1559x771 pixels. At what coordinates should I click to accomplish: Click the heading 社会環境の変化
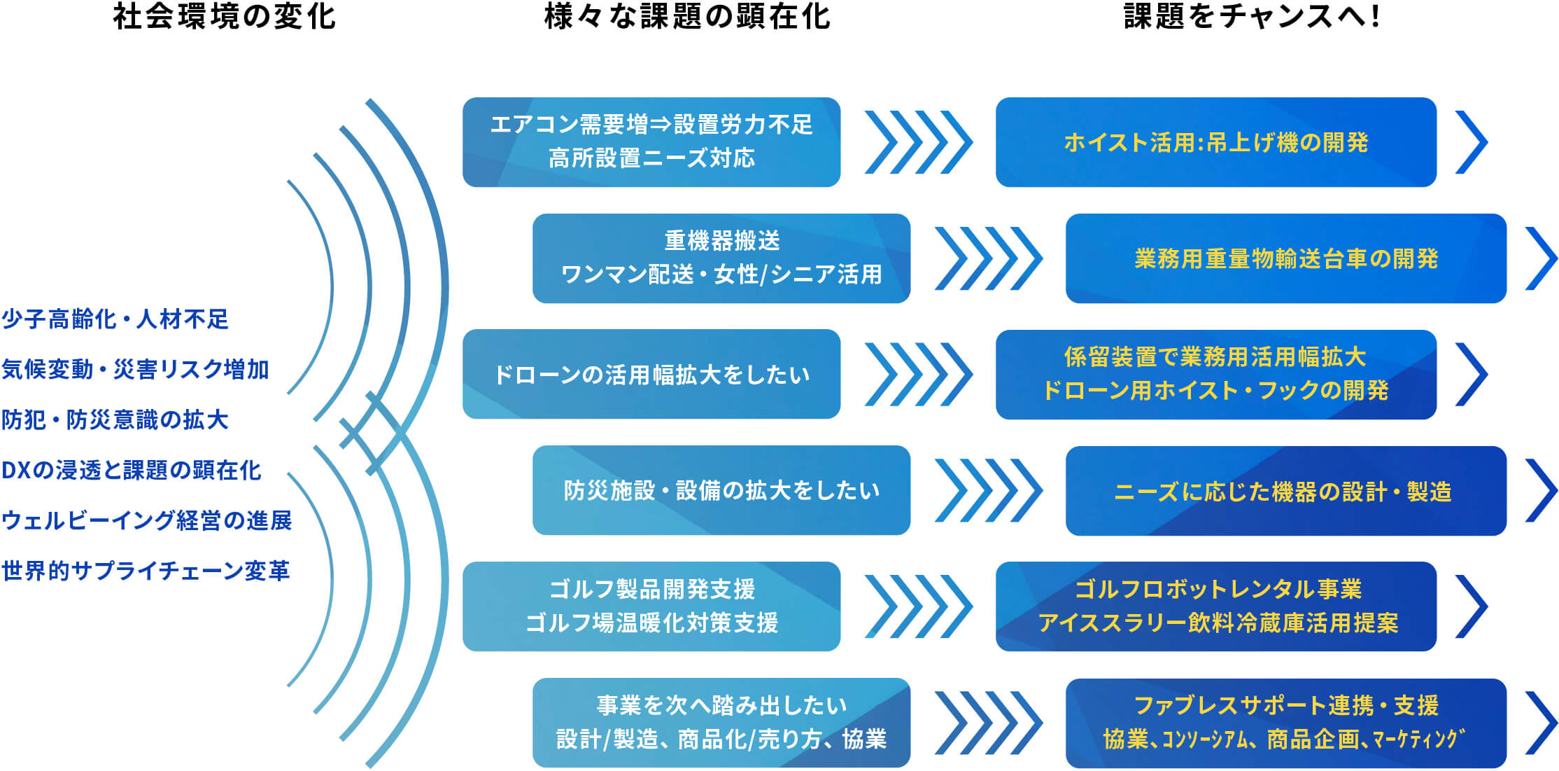[225, 17]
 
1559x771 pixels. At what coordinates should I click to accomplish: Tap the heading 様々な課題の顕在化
[687, 17]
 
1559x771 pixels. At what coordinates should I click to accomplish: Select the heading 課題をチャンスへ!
[1252, 17]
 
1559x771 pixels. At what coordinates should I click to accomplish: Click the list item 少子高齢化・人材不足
[115, 319]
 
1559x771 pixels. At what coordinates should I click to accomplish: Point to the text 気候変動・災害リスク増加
[135, 370]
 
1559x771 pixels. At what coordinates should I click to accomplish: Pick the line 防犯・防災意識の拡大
[115, 420]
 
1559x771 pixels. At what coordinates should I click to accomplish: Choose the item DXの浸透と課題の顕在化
[132, 471]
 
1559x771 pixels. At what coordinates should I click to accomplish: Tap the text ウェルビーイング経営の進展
[147, 521]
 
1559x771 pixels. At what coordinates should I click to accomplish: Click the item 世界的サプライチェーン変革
[146, 571]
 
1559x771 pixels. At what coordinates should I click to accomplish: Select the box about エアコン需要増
[651, 142]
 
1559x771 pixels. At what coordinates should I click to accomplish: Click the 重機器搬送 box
[721, 258]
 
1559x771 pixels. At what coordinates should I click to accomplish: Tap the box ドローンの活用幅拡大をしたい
[651, 375]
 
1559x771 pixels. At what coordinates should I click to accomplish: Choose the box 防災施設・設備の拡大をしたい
[721, 491]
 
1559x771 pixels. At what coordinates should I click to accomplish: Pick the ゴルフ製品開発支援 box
[651, 606]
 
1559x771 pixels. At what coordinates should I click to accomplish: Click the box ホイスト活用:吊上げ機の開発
[1216, 142]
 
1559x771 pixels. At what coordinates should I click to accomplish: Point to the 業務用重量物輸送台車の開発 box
[1286, 258]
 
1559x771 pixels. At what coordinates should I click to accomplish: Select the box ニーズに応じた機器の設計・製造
[1286, 491]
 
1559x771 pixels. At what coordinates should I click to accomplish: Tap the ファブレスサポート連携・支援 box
[1286, 723]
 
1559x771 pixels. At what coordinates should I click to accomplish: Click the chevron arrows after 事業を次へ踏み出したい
[989, 723]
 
